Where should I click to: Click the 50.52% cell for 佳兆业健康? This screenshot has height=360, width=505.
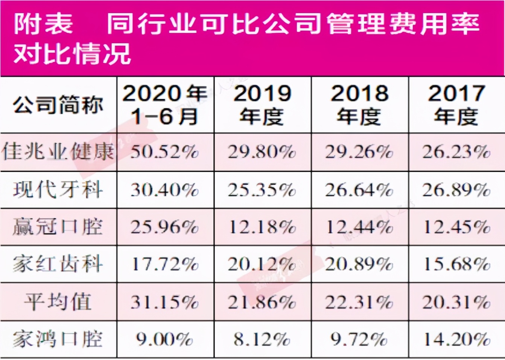click(164, 152)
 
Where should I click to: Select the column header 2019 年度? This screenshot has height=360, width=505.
click(262, 104)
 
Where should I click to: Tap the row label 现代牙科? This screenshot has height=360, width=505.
click(58, 189)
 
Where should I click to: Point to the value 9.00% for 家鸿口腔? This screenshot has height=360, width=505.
click(164, 339)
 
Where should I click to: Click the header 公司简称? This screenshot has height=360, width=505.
click(58, 105)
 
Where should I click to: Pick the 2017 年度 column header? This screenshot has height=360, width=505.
click(456, 104)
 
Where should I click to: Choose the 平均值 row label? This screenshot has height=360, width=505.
click(58, 302)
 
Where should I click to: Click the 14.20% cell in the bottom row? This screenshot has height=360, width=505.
click(456, 339)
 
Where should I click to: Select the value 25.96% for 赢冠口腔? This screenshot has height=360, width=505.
click(164, 227)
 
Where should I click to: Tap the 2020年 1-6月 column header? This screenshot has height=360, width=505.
click(165, 104)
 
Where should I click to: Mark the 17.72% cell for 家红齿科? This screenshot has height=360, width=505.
click(164, 264)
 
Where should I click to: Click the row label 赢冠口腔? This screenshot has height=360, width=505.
click(58, 227)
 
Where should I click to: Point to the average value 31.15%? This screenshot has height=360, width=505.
click(164, 302)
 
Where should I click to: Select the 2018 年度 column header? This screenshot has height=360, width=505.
click(359, 104)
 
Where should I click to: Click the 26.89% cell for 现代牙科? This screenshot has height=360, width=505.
click(456, 189)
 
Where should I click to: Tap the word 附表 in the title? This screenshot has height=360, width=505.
click(43, 23)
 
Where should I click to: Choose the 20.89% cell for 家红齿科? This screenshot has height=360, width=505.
click(359, 264)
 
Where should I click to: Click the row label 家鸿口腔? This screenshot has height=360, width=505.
click(58, 339)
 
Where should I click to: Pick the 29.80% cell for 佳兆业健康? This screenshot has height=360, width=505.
click(262, 152)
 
